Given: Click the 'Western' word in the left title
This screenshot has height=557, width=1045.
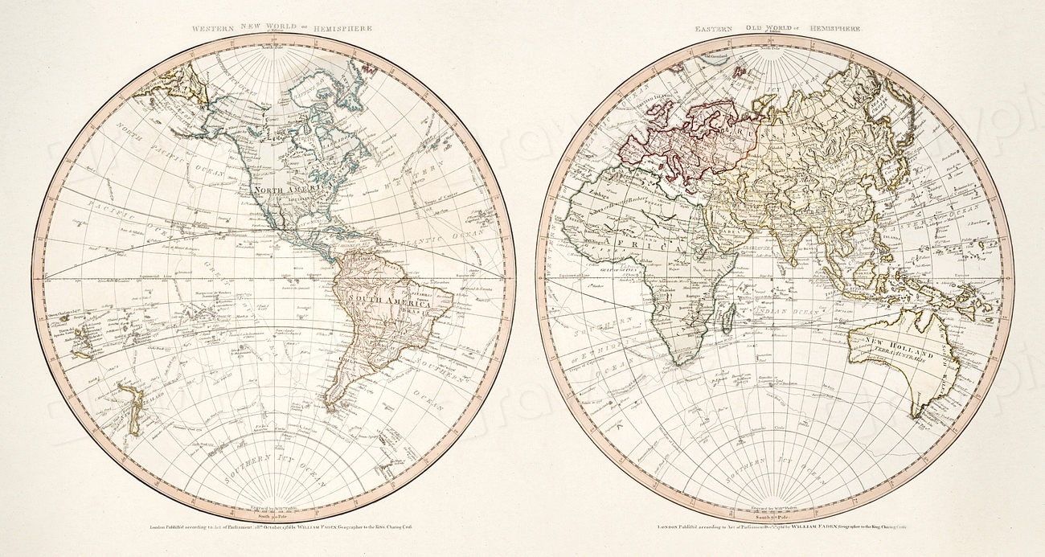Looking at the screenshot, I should coord(213,28).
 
